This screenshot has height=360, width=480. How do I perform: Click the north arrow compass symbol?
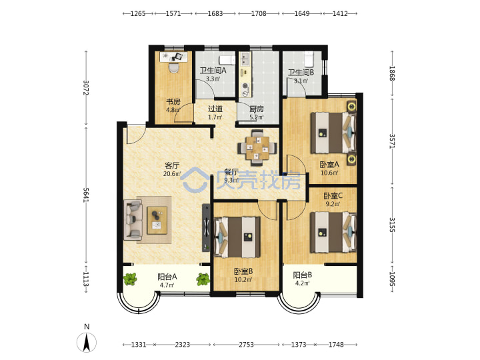point(87,342)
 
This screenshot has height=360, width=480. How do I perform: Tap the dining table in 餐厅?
point(257,147)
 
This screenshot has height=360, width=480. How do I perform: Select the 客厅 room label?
point(172,165)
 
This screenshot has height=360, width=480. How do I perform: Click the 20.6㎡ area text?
point(172,174)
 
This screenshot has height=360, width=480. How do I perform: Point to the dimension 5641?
point(86,195)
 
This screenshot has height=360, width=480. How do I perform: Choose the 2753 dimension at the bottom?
point(246,345)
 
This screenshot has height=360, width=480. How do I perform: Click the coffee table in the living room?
point(157,221)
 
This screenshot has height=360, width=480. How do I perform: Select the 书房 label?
point(173,101)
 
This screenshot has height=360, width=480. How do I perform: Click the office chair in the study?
point(174,67)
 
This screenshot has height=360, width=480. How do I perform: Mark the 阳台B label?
point(303,275)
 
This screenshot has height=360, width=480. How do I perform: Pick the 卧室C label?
point(333,195)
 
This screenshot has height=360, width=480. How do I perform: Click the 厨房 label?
point(257,109)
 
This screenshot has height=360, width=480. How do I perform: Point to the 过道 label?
point(215,109)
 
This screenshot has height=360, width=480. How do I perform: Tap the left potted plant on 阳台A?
point(130,279)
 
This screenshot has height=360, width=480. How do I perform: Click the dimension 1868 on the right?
point(392,73)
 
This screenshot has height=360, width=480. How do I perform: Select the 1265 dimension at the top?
point(138,13)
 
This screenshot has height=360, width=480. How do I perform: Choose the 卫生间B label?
point(301,73)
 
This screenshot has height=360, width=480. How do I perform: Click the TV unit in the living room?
point(206,228)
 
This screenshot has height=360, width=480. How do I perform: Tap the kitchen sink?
point(245,59)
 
